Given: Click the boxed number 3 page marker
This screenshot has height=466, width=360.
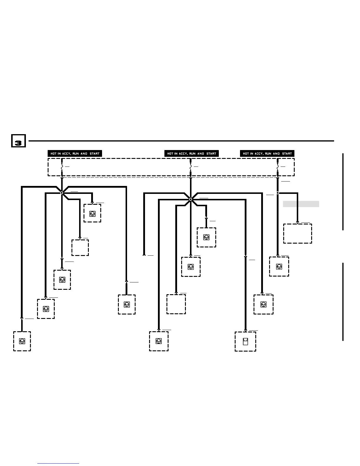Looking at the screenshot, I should click(18, 141).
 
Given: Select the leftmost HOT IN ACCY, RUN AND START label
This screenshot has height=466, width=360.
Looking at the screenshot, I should click(75, 153).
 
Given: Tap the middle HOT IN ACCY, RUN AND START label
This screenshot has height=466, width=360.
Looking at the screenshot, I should click(191, 153).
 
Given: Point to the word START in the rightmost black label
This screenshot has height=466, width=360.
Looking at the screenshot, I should click(287, 153).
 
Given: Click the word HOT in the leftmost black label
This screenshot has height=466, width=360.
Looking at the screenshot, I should click(54, 153).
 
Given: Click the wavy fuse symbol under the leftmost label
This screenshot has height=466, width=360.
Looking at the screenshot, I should click(62, 167).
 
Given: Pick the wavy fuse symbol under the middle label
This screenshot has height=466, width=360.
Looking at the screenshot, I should click(191, 167).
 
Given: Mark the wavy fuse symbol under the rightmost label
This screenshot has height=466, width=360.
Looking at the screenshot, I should click(278, 167).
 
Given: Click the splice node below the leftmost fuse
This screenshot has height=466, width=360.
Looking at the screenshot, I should click(62, 193).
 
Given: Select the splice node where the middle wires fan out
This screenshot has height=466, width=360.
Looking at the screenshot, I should click(191, 199).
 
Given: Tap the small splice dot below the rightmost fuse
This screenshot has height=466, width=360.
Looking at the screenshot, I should click(278, 193).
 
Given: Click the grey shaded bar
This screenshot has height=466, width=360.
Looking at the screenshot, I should click(301, 204).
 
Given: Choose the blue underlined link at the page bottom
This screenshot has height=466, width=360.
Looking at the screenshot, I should click(59, 463).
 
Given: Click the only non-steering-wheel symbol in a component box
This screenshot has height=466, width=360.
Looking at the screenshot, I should click(246, 342).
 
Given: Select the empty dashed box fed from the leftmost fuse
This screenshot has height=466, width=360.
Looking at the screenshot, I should click(80, 247).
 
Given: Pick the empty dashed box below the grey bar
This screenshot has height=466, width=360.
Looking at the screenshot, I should click(298, 234).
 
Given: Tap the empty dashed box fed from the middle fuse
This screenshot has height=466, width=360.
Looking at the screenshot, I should click(176, 304).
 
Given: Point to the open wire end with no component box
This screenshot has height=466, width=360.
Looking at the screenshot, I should click(144, 255).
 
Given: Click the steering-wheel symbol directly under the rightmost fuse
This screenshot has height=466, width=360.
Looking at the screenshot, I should click(279, 267).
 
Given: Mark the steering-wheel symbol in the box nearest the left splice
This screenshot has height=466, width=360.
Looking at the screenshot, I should click(92, 214).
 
